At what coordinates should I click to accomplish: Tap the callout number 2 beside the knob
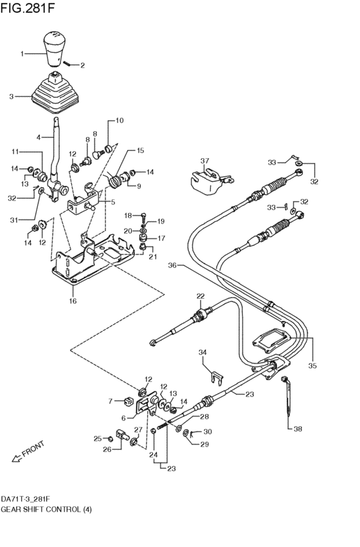(x=82, y=65)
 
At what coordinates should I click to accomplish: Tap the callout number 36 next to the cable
(x=172, y=265)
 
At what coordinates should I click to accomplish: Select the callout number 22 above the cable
(x=201, y=296)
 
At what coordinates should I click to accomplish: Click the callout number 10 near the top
(x=120, y=121)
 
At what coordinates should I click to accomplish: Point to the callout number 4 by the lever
(x=39, y=138)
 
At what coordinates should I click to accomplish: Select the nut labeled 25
(x=111, y=438)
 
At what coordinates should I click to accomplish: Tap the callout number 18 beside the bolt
(x=127, y=215)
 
